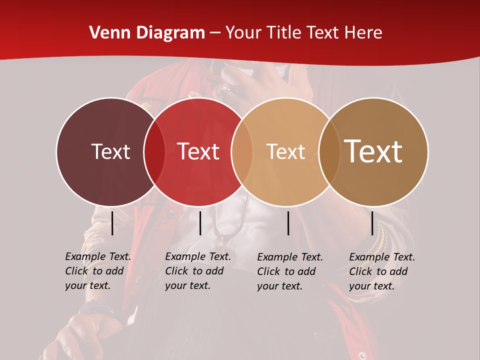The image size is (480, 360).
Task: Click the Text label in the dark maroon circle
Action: (x=110, y=151)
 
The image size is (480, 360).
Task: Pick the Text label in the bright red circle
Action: (x=198, y=151)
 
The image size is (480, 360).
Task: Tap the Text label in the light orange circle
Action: (x=285, y=151)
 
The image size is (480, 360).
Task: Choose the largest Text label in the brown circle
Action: (x=373, y=151)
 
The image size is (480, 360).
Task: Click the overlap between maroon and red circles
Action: (x=154, y=151)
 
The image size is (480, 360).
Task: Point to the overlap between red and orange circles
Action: (x=242, y=151)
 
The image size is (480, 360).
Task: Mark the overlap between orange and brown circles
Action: (x=327, y=151)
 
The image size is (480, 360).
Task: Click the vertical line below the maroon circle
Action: (x=112, y=223)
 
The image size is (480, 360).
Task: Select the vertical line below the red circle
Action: (x=200, y=223)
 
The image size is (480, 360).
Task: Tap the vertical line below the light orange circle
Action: (x=288, y=223)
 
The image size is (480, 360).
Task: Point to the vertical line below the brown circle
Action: (x=372, y=223)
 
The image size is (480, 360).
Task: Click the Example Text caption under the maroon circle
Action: (x=98, y=271)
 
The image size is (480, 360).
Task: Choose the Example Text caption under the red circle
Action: (x=198, y=271)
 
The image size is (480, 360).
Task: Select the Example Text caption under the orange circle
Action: (x=290, y=271)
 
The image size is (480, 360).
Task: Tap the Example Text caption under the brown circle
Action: (x=382, y=271)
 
